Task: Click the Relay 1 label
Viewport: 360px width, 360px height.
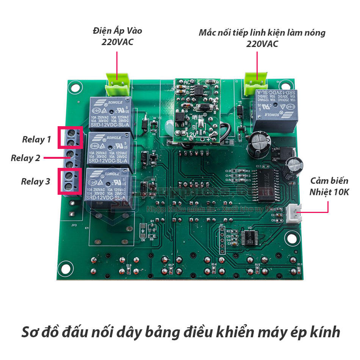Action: point(36,139)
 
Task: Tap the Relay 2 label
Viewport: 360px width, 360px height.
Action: point(25,158)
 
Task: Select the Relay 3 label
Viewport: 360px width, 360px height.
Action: point(36,182)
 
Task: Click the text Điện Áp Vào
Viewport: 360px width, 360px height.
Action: point(117,31)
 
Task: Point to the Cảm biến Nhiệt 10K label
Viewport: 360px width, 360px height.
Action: point(329,186)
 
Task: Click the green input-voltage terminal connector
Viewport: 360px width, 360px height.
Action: point(117,85)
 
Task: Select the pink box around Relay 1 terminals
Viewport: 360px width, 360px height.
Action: point(70,138)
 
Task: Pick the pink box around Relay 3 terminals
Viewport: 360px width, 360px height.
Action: point(70,181)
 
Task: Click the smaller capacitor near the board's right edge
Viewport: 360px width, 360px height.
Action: point(294,167)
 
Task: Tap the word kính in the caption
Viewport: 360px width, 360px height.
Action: point(323,332)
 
